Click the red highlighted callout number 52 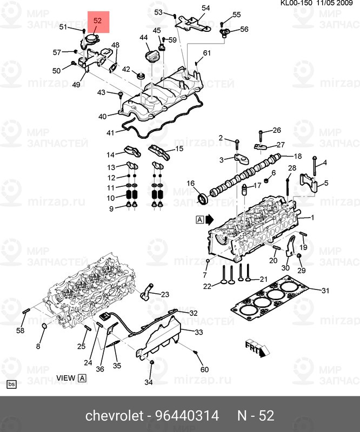click(98, 21)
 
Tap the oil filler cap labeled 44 click(151, 55)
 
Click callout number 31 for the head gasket click(325, 291)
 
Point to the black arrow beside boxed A click(210, 220)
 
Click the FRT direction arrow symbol click(257, 348)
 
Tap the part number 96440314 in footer click(188, 416)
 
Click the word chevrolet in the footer click(115, 416)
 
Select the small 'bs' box click(11, 384)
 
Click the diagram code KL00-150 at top click(296, 3)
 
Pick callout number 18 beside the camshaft click(298, 156)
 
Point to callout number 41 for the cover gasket click(110, 133)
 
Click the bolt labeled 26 click(261, 136)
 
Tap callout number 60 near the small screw click(204, 369)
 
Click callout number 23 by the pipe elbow click(165, 294)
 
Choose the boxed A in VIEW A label click(82, 378)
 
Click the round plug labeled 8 click(44, 327)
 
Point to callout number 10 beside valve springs click(111, 198)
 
